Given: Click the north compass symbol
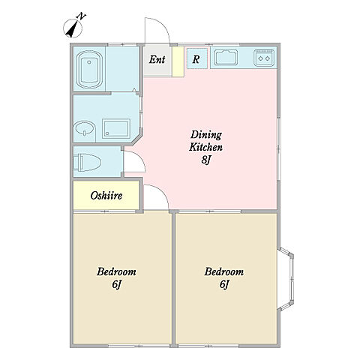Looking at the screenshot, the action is point(73,28).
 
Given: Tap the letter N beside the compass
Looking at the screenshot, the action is point(82,16).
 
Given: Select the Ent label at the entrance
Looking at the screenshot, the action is point(157,59).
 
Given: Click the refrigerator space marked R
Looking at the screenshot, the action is point(196,59).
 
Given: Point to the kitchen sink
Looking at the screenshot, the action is point(226,58).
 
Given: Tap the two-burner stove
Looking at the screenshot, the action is point(264,58).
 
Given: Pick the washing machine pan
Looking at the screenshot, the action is point(116,128).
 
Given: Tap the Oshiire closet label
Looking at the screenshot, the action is point(106,196).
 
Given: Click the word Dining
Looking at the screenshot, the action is point(206,135).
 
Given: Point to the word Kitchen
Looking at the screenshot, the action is point(205,147).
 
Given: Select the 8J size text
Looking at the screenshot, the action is point(205,160).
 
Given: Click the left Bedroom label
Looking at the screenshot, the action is point(116,271).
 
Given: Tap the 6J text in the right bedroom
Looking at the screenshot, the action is point(223,284).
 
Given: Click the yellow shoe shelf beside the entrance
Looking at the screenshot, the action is point(178,61).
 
